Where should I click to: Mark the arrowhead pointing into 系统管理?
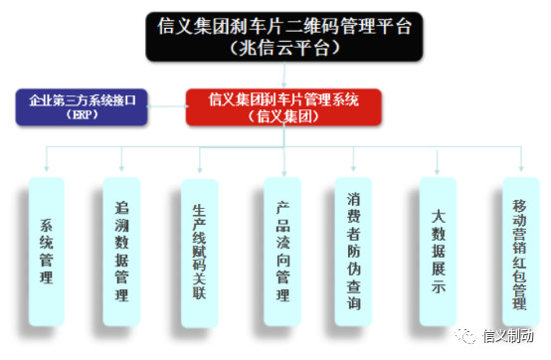click(x=47, y=169)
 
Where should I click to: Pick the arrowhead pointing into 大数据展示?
click(x=439, y=169)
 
